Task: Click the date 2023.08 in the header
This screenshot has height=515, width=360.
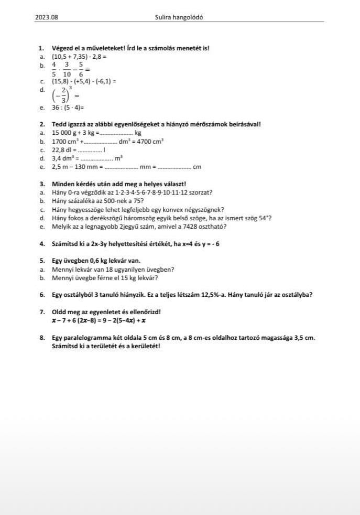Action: point(47,17)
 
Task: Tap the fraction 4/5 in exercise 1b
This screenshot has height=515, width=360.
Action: point(54,68)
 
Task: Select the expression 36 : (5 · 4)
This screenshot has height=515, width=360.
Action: point(68,108)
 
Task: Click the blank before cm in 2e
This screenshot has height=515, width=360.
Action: point(174,167)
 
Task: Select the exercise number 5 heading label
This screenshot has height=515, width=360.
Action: point(41,261)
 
